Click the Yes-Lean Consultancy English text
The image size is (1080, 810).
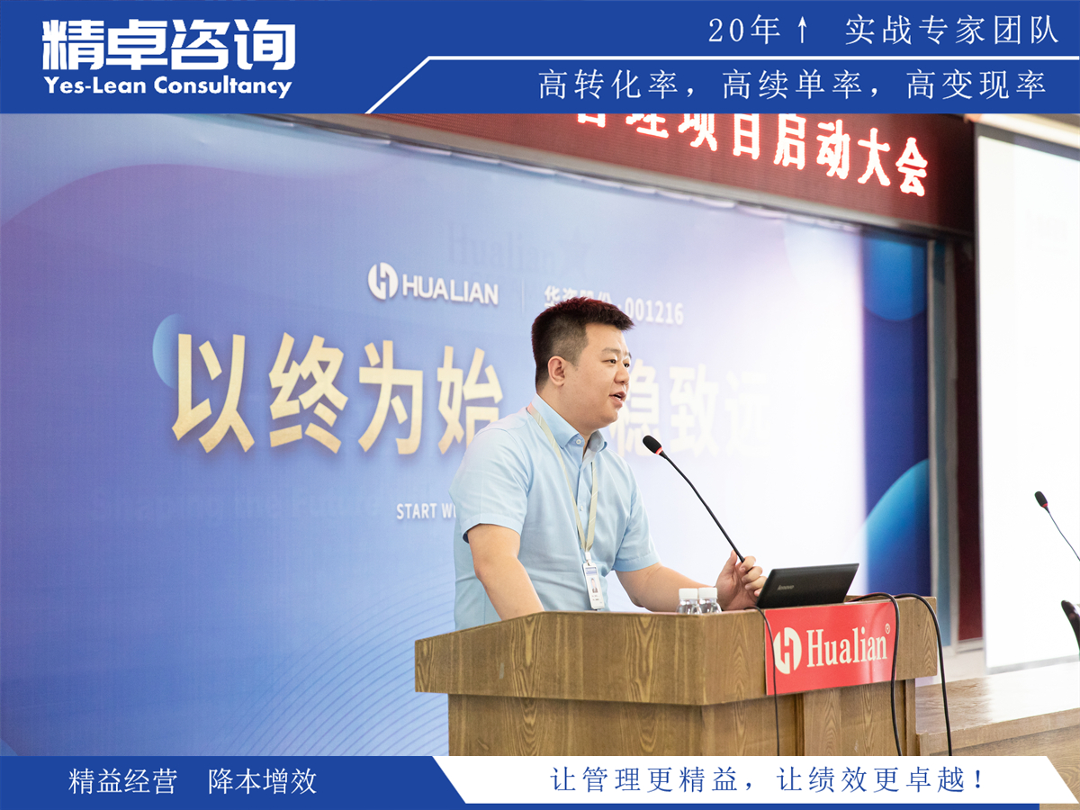pyautogui.click(x=167, y=86)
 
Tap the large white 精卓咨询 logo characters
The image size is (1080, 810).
pyautogui.click(x=168, y=45)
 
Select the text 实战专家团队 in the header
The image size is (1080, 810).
pyautogui.click(x=951, y=31)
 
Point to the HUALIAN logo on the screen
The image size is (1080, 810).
pyautogui.click(x=433, y=283)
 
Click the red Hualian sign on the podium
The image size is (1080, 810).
pyautogui.click(x=830, y=646)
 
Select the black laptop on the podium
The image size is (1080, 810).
pyautogui.click(x=806, y=585)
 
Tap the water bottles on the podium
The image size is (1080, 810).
pyautogui.click(x=699, y=600)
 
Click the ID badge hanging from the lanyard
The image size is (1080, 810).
pyautogui.click(x=593, y=584)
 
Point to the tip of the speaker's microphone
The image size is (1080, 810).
pyautogui.click(x=651, y=445)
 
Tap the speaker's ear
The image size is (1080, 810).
pyautogui.click(x=557, y=369)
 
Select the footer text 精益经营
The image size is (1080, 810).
pyautogui.click(x=123, y=781)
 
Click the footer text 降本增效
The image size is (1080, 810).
pyautogui.click(x=263, y=781)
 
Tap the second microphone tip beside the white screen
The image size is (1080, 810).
pyautogui.click(x=1040, y=498)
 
